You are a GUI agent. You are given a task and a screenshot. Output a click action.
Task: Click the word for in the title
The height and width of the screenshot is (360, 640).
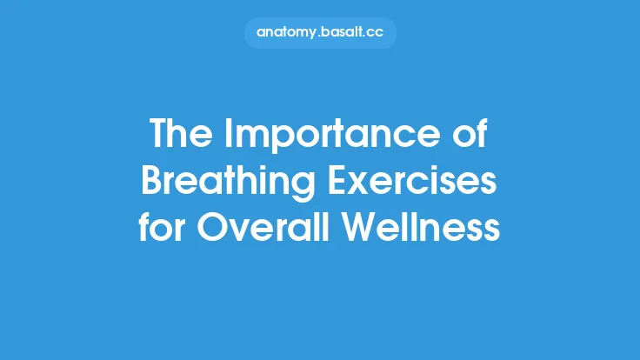163,227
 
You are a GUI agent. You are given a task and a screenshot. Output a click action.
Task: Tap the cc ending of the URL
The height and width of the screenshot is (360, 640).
377,33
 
